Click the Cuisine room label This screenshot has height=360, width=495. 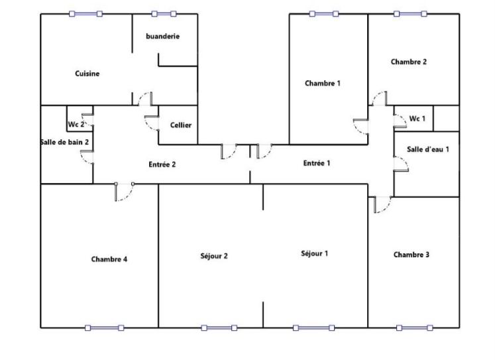[87, 74]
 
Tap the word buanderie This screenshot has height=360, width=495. [162, 36]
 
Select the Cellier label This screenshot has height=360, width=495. [181, 125]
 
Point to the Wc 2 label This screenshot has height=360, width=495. [76, 125]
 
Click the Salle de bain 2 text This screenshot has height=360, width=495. [65, 142]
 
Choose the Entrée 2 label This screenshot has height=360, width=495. [162, 164]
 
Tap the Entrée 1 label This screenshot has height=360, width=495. [317, 163]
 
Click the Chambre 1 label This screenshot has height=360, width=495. [323, 84]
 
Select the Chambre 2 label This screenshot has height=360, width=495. [409, 62]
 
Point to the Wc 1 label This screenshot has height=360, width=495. [417, 119]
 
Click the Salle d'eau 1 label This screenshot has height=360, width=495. [428, 149]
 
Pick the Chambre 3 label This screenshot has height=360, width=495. [412, 255]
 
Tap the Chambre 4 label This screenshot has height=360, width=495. [109, 259]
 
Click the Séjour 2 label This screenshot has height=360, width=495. [214, 256]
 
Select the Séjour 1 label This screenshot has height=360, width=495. [314, 253]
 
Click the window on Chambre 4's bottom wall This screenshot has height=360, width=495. [105, 328]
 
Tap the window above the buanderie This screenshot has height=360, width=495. [164, 13]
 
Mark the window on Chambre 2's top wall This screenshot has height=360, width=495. [410, 13]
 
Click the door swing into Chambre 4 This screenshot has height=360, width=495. [124, 192]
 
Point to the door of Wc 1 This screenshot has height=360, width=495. [400, 121]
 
